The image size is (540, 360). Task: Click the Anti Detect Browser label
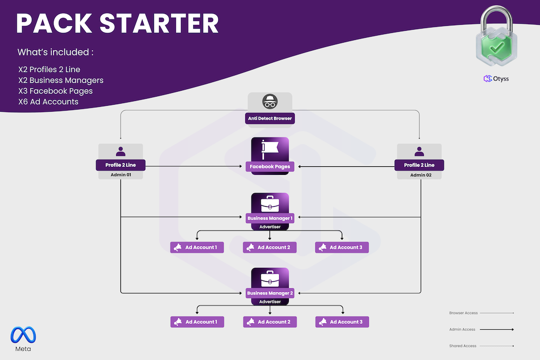tap(270, 118)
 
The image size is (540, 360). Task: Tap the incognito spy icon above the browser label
tap(270, 102)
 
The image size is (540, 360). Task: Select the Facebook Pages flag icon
tap(270, 150)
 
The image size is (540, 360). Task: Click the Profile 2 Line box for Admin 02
tap(419, 165)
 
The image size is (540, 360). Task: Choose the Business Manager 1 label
tap(270, 218)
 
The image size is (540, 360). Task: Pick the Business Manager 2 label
tap(270, 293)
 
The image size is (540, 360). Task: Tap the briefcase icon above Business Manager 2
tap(270, 279)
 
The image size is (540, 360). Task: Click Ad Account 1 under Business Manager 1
tap(198, 247)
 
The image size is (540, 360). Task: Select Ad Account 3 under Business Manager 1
tap(342, 247)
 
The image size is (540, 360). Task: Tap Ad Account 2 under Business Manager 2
tap(270, 322)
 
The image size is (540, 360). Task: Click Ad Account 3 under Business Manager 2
tap(342, 322)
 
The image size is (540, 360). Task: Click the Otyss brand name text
tap(501, 79)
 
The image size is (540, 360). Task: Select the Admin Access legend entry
tap(462, 329)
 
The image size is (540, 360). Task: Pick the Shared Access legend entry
tap(463, 346)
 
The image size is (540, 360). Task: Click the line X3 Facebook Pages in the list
tap(55, 91)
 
